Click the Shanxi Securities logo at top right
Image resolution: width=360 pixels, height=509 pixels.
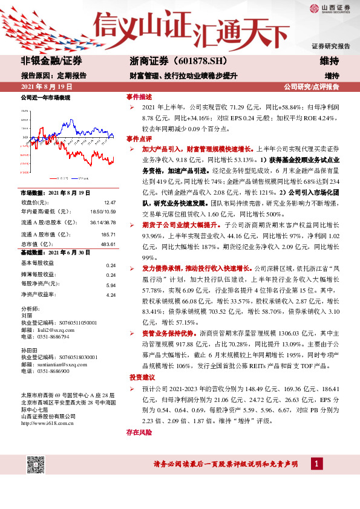(331, 8)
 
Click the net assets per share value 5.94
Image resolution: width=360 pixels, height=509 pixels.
(111, 284)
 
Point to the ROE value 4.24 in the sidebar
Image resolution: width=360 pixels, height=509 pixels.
(111, 294)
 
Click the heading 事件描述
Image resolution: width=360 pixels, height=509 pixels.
(139, 97)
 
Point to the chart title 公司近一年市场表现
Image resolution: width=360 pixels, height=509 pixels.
(45, 97)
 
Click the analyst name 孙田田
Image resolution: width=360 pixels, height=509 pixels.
(29, 350)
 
